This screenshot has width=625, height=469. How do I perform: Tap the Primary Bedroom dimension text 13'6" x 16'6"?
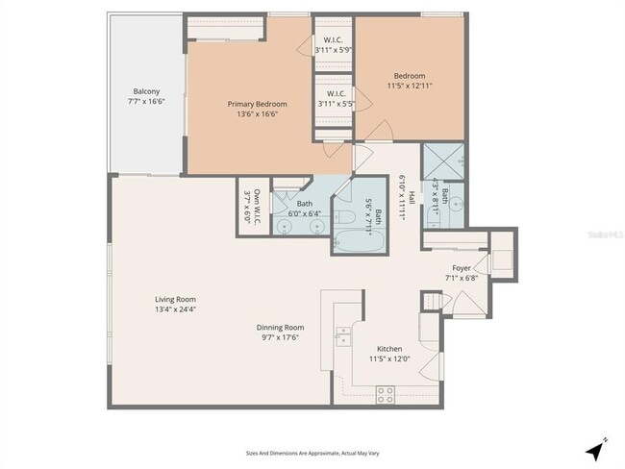257,113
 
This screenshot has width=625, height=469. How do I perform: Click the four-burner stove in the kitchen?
385,393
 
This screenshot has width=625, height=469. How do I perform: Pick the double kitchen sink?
343,335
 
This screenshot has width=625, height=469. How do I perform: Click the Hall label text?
411,197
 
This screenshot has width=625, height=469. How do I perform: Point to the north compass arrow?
595,448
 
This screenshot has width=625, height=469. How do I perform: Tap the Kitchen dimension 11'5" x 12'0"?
389,358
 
